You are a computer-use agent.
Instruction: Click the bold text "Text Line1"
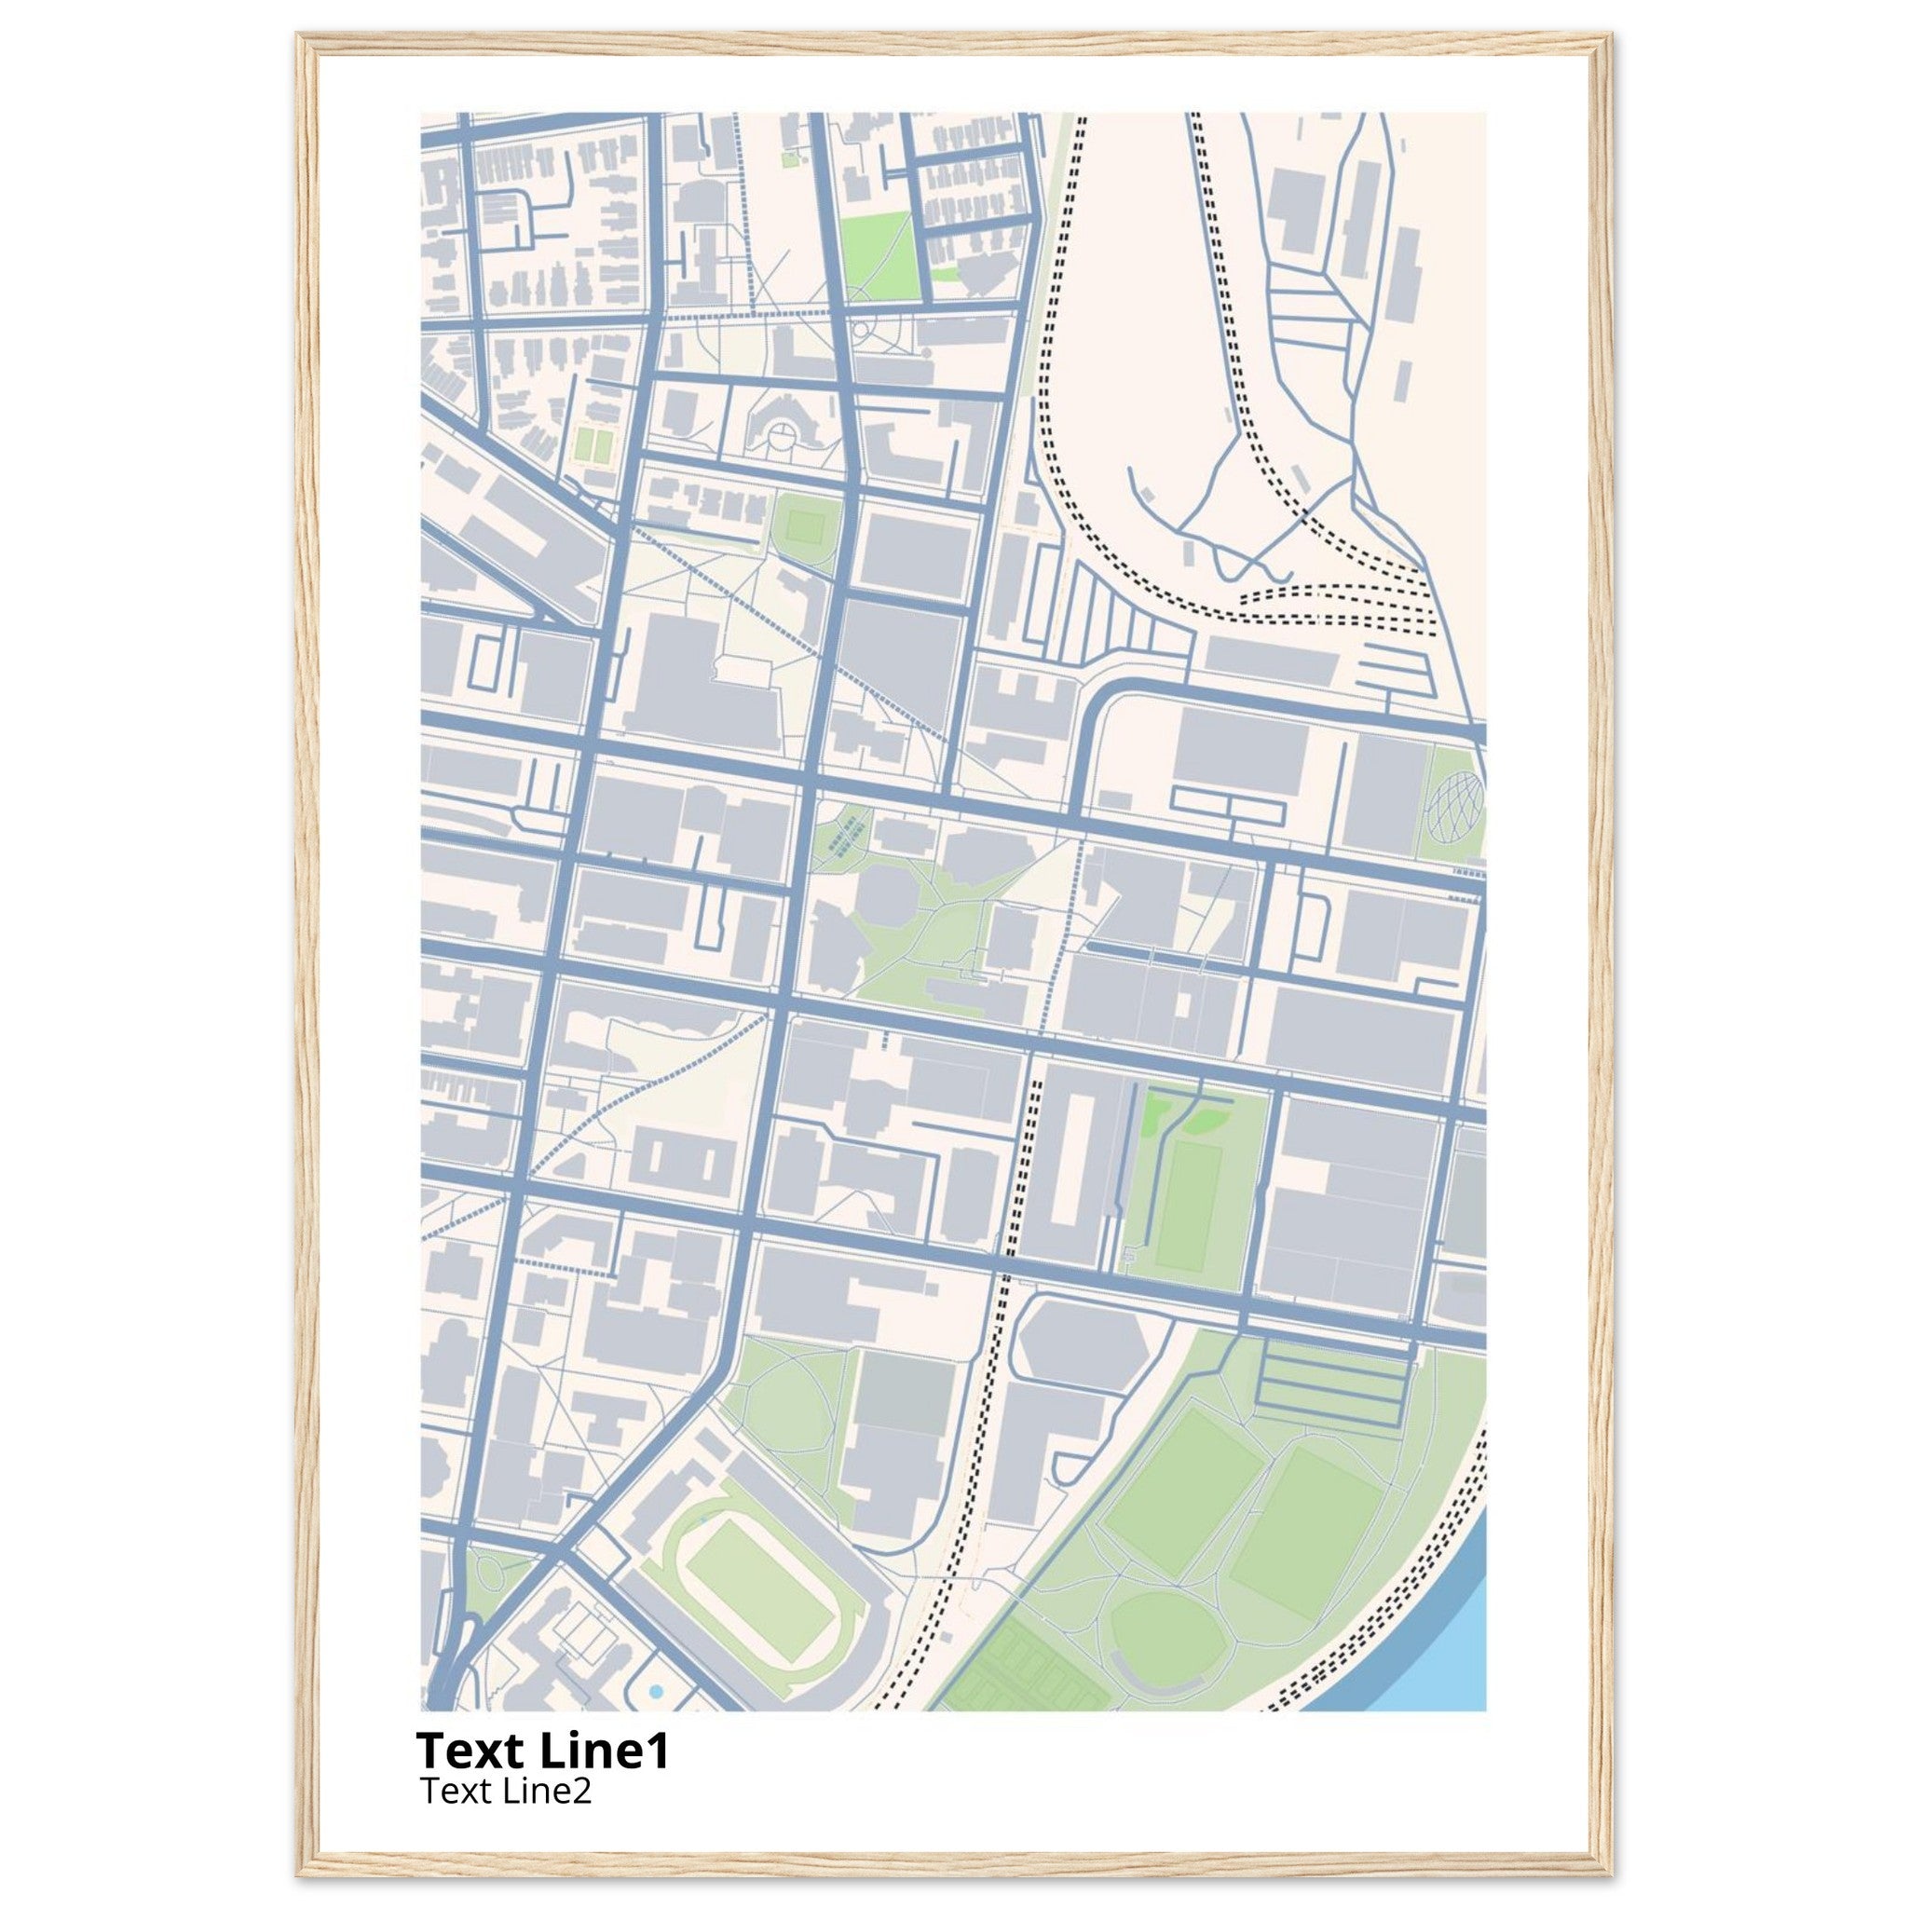point(542,1751)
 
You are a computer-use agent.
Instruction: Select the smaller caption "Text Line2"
point(506,1790)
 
